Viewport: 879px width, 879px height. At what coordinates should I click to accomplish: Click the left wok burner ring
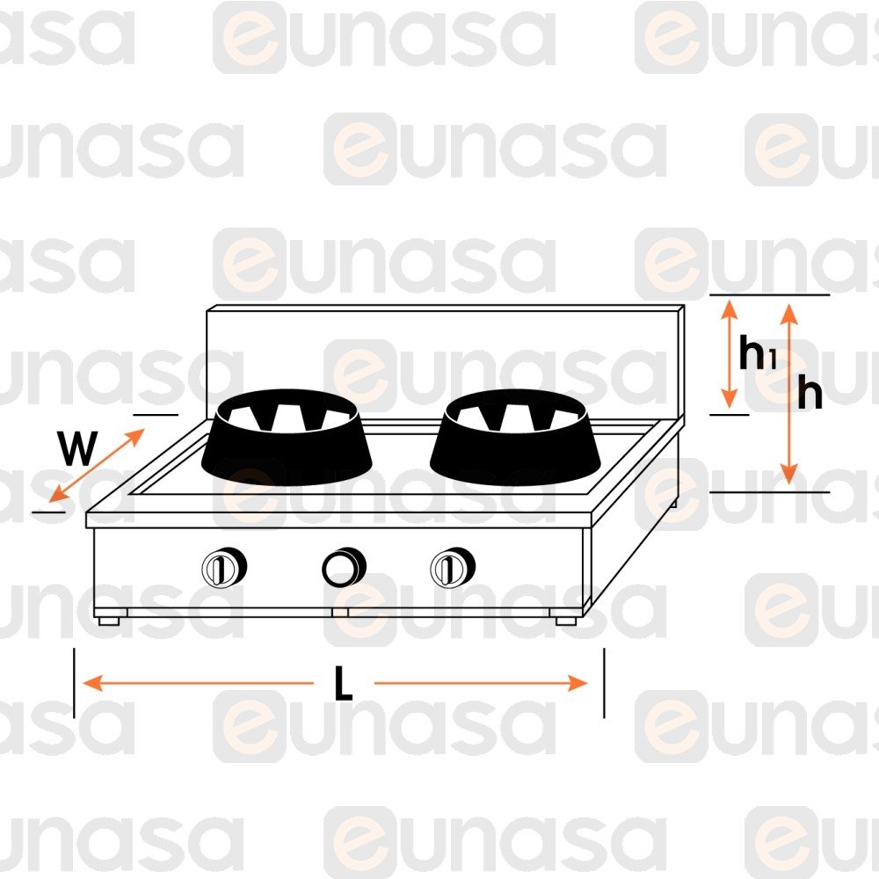(287, 437)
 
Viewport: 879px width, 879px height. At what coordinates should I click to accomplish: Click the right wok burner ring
(515, 437)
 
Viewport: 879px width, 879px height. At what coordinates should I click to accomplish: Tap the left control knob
(224, 567)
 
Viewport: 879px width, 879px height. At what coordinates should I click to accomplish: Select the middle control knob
(344, 567)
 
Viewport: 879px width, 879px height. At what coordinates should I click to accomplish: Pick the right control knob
(453, 567)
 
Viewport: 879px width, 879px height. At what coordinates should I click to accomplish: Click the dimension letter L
(343, 683)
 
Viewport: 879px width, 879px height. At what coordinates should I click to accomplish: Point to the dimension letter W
(78, 448)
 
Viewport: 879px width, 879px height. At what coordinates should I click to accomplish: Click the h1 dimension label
(758, 352)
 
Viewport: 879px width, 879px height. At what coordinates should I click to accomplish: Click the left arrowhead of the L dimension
(92, 683)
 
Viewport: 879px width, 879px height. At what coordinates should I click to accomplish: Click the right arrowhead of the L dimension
(578, 683)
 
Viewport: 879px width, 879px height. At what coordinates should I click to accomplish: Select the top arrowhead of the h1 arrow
(729, 309)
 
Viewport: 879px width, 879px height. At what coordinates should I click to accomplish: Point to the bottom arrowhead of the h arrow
(789, 474)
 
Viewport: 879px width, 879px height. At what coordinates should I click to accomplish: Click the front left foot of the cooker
(109, 621)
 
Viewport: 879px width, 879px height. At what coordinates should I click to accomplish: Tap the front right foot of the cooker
(566, 621)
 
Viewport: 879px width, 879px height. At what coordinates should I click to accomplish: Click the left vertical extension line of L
(74, 683)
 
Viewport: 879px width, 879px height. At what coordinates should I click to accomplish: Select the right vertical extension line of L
(604, 683)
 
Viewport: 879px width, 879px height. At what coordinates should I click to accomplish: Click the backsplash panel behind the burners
(445, 359)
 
